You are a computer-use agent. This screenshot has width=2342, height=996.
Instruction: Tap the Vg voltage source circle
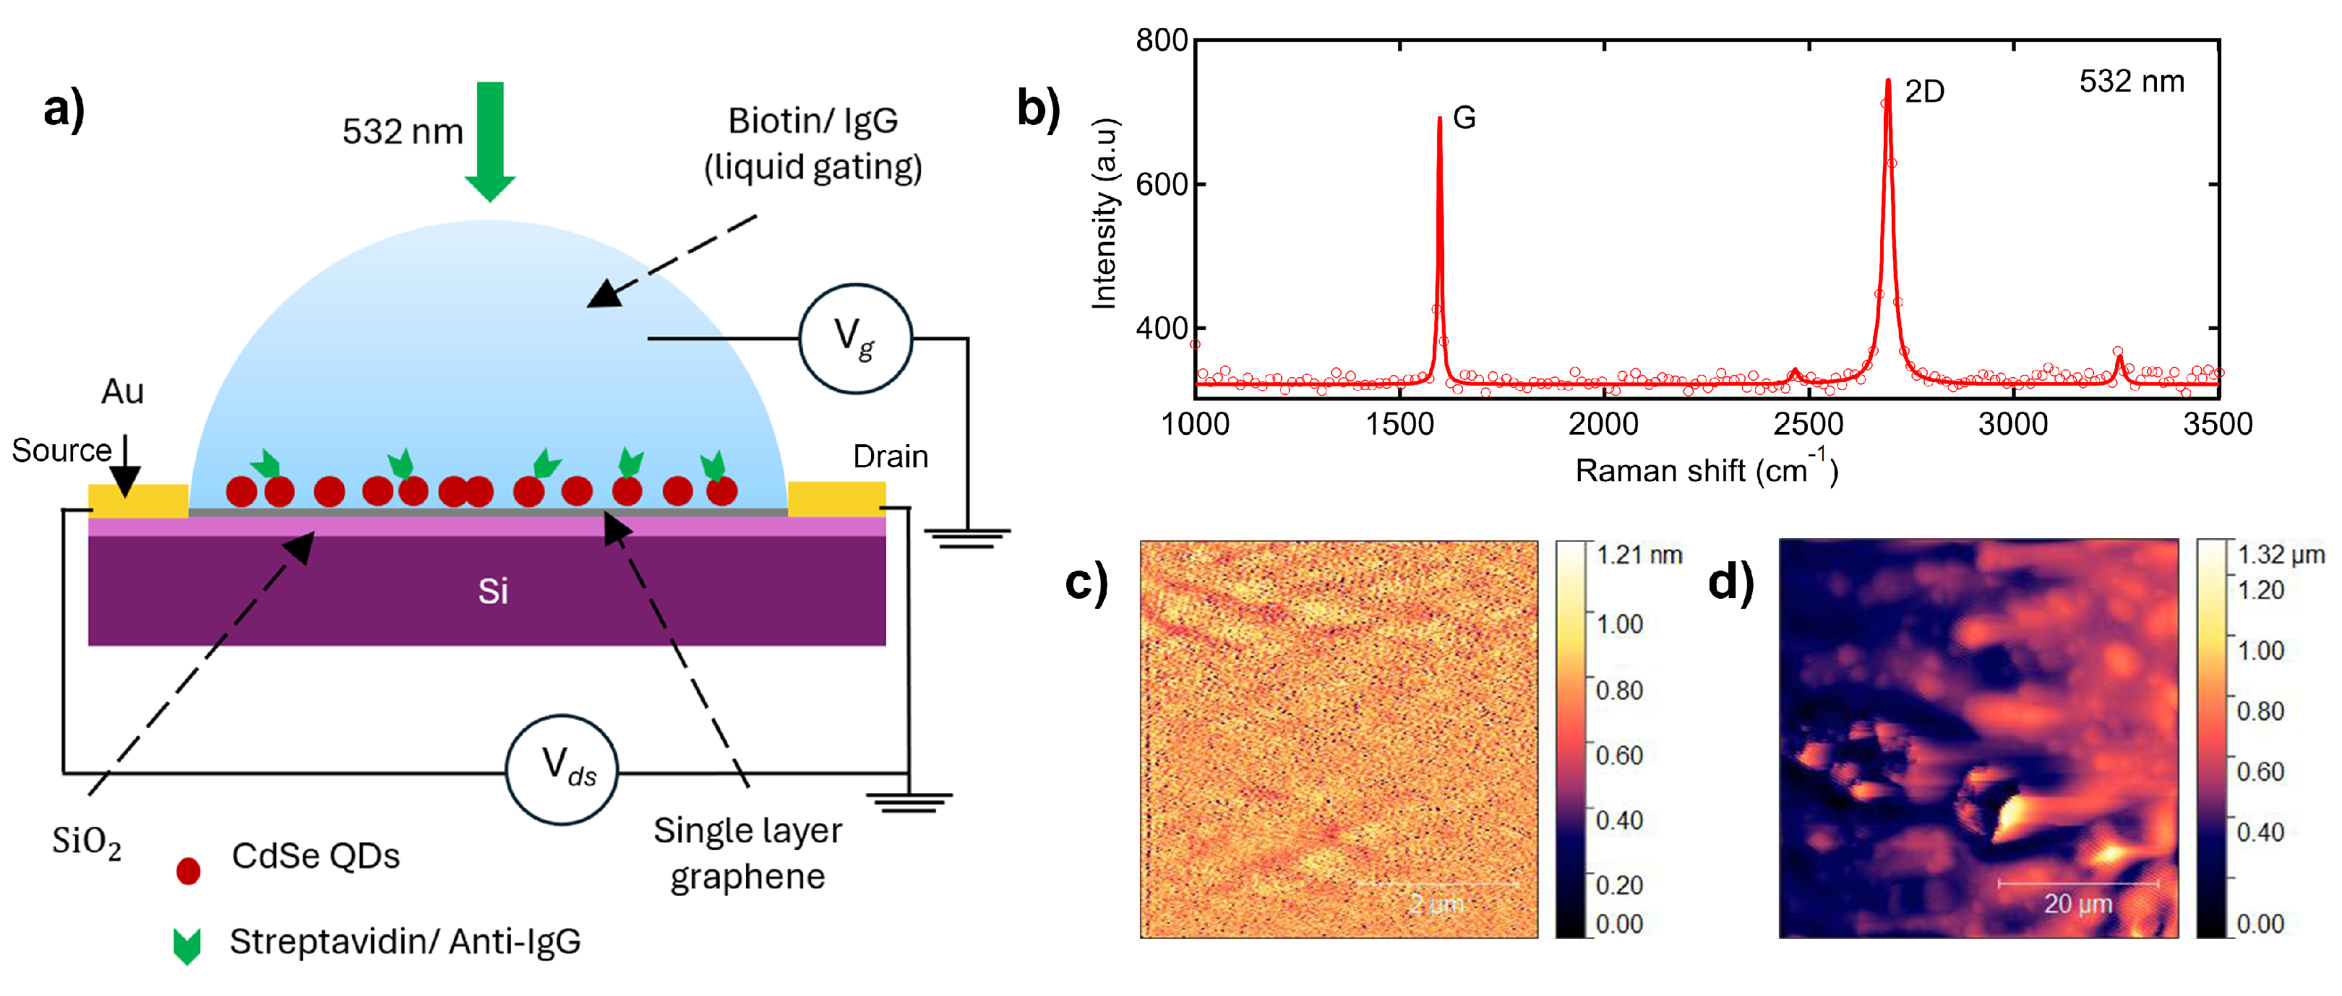pyautogui.click(x=854, y=338)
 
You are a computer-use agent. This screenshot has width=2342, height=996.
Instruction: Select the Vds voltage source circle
pyautogui.click(x=562, y=768)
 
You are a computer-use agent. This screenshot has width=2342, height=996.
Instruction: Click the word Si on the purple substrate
pyautogui.click(x=493, y=592)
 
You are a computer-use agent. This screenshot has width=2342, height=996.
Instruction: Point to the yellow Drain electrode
pyautogui.click(x=836, y=499)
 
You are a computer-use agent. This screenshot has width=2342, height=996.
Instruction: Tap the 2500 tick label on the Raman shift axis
pyautogui.click(x=1809, y=425)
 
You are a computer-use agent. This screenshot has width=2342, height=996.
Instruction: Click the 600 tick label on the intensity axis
pyautogui.click(x=1161, y=184)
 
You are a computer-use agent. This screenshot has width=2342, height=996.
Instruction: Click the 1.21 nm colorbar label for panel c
pyautogui.click(x=1639, y=555)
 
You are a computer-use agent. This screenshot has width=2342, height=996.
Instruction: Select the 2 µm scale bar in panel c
pyautogui.click(x=1436, y=883)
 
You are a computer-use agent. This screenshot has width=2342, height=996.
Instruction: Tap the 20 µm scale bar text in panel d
pyautogui.click(x=2077, y=904)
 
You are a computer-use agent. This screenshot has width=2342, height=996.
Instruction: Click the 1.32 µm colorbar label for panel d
pyautogui.click(x=2280, y=555)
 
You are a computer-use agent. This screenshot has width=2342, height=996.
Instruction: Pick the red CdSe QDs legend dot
pyautogui.click(x=188, y=870)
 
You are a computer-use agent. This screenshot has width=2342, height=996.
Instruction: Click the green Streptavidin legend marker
pyautogui.click(x=187, y=945)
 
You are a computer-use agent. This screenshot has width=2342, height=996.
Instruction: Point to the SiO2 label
pyautogui.click(x=86, y=841)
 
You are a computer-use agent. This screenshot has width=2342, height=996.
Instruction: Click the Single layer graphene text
pyautogui.click(x=747, y=853)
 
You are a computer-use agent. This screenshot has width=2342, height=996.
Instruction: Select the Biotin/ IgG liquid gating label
pyautogui.click(x=812, y=144)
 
